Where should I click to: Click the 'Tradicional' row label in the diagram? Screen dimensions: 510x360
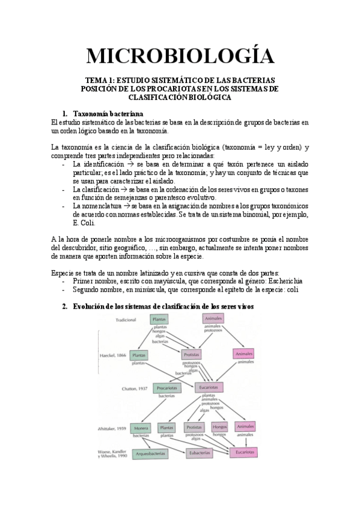126,320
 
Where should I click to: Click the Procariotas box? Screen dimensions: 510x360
166,389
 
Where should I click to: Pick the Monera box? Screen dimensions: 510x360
140,427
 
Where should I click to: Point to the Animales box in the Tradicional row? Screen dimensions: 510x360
213,318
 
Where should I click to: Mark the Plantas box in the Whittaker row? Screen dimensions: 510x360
166,427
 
